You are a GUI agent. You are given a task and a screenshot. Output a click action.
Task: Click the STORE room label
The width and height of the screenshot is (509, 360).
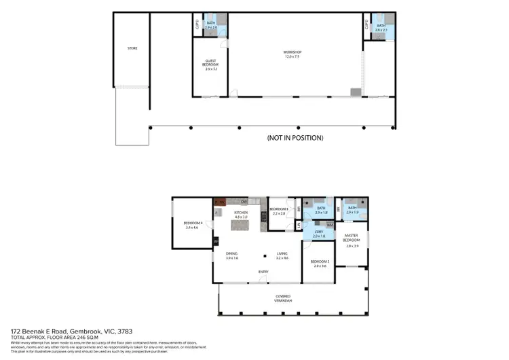click(x=132, y=48)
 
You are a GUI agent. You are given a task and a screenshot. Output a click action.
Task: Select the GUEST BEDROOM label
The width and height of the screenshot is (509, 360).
click(x=210, y=65)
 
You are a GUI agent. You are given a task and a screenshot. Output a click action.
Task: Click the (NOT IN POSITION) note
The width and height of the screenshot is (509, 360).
click(x=295, y=138)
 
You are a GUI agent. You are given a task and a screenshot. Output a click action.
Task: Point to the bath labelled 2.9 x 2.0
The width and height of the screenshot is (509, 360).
click(x=210, y=25)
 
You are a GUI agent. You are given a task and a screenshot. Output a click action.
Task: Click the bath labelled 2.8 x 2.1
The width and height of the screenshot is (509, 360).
click(x=381, y=27)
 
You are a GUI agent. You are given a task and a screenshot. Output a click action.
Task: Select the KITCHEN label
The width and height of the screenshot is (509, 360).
click(x=241, y=215)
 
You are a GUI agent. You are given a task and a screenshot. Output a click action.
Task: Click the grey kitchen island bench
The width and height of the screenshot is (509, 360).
click(x=242, y=224)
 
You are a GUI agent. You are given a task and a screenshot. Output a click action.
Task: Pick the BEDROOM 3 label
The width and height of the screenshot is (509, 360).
click(x=279, y=211)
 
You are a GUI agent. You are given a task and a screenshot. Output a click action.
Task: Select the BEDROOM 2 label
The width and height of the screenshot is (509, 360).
click(x=320, y=264)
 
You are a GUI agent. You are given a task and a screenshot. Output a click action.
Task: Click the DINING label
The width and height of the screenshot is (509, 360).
click(x=231, y=256)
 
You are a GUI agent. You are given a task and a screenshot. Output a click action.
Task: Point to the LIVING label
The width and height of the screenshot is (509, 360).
click(x=282, y=256)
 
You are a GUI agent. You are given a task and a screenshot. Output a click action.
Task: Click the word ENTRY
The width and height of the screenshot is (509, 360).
click(x=263, y=273)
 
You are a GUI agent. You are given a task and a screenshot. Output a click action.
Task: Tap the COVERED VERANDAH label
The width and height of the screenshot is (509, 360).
click(x=284, y=298)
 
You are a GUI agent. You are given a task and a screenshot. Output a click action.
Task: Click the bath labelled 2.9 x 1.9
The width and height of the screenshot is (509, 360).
click(x=352, y=211)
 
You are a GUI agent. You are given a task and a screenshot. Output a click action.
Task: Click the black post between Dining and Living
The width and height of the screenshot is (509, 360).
click(x=266, y=255)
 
